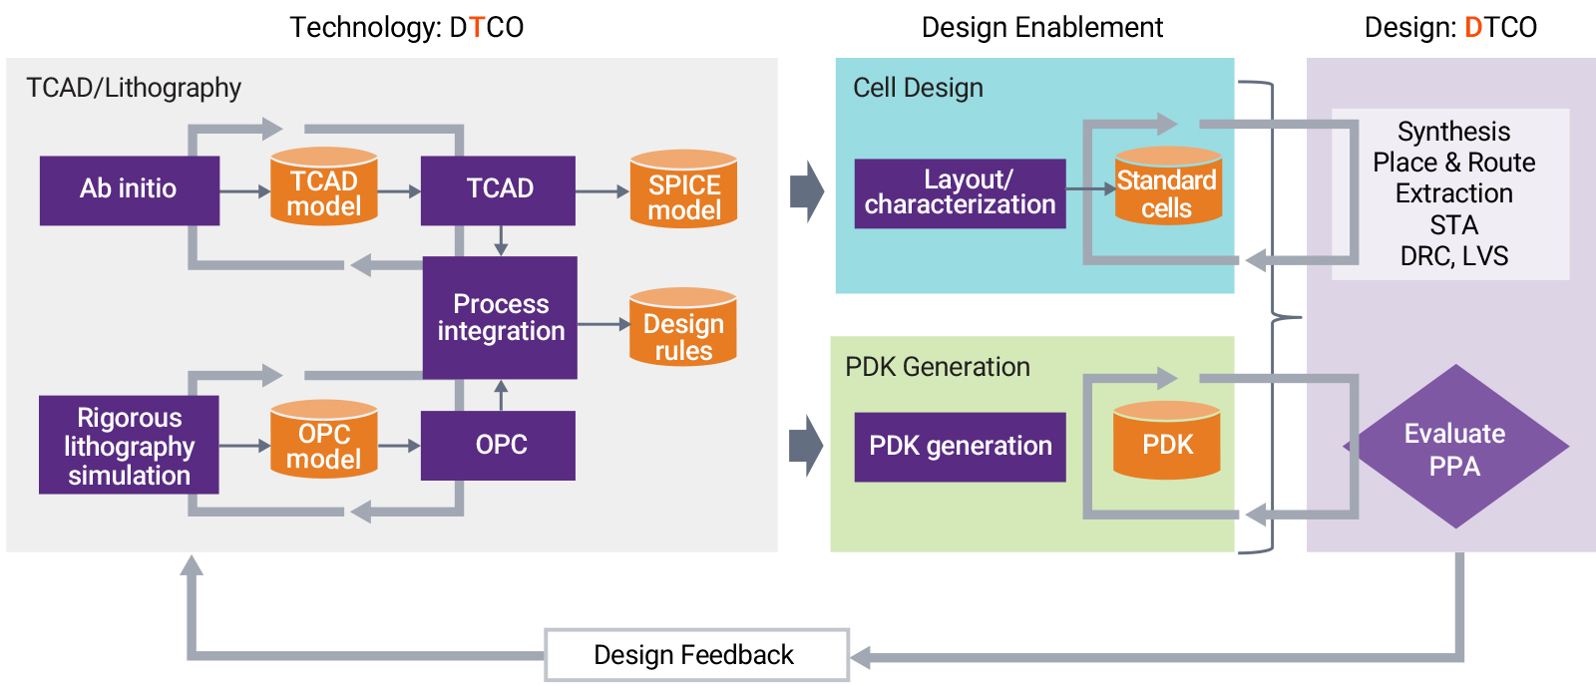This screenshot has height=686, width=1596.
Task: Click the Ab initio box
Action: tap(129, 189)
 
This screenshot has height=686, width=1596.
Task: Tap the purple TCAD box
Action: tap(498, 189)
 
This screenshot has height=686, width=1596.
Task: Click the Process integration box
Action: tap(500, 317)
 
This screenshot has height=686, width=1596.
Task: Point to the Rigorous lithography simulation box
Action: tap(129, 445)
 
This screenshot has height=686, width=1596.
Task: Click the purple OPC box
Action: tap(498, 445)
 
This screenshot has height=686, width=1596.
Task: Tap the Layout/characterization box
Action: tap(960, 192)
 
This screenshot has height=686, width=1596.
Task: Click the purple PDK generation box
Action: tap(960, 446)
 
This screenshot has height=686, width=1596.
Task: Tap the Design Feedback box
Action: tap(695, 655)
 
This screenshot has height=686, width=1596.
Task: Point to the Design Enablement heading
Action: tap(1041, 27)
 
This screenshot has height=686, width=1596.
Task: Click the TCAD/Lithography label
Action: tap(134, 88)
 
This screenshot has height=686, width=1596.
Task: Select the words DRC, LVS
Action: tap(1453, 256)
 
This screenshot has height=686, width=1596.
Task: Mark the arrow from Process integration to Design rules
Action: tap(602, 324)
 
